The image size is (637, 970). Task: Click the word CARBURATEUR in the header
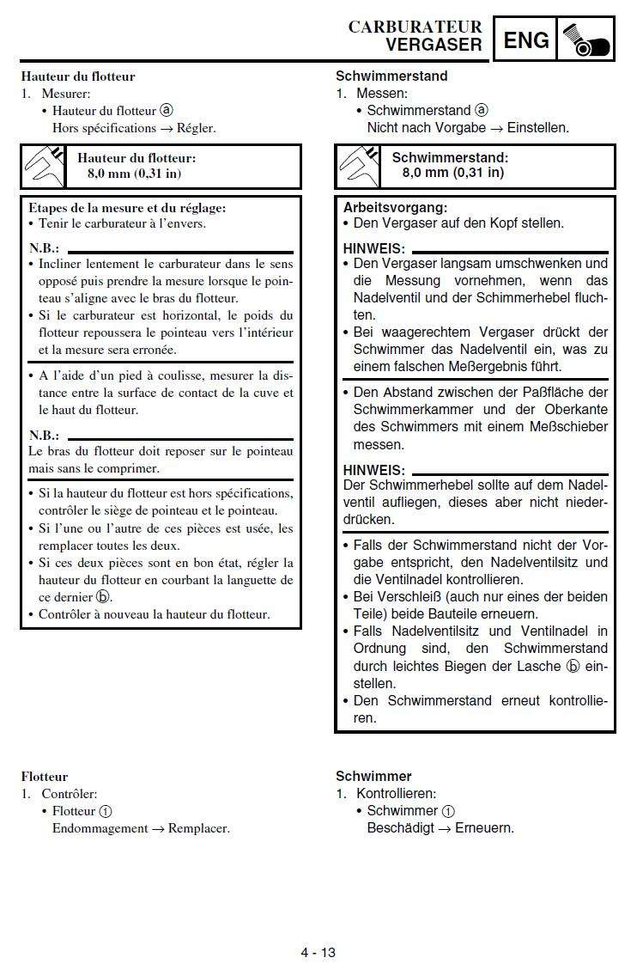415,27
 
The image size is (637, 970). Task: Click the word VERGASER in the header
434,45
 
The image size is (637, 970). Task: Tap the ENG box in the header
525,40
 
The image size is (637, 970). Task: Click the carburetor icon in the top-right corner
585,40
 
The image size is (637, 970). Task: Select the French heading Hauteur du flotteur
78,76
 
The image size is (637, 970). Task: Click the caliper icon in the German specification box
358,166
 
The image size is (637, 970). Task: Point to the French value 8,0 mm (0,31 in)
134,174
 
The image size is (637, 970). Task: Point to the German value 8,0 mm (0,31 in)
453,173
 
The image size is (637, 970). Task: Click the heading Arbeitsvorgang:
395,207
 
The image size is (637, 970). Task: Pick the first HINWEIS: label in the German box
373,248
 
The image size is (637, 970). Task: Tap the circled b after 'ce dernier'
103,597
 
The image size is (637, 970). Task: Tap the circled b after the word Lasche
573,666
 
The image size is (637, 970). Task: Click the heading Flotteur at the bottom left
45,777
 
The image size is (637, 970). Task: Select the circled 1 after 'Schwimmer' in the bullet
448,811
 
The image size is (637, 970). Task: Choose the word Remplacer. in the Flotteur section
199,828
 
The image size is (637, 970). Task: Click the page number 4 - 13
318,952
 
